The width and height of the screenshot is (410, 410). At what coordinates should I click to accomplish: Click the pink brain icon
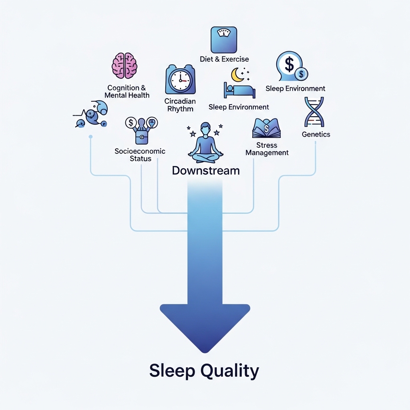[125, 65]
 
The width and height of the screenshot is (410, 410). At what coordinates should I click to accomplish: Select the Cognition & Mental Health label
[127, 91]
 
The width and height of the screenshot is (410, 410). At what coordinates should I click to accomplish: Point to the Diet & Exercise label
[224, 59]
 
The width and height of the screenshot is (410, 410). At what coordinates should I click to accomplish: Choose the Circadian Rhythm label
[179, 105]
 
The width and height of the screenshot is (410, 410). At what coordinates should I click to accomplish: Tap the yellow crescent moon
[237, 74]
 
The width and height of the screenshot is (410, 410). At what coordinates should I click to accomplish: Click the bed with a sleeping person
[240, 90]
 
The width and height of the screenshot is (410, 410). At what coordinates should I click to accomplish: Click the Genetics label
[316, 135]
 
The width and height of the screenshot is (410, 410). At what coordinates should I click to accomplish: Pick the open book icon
[266, 129]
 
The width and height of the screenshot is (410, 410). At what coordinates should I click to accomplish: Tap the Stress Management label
[267, 149]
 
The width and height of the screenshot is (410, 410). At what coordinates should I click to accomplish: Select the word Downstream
[205, 171]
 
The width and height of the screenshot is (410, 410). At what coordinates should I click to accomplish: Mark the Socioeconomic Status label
[140, 155]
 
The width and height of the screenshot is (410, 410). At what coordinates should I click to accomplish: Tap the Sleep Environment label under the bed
[239, 107]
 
